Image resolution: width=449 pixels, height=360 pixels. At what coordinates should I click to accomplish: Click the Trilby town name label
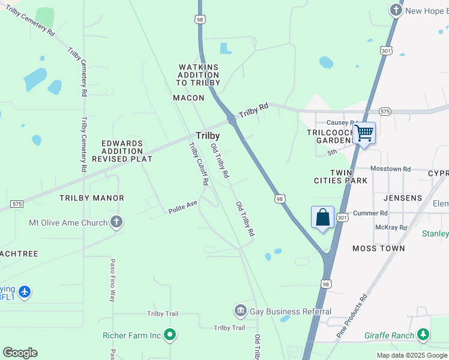pos(207,136)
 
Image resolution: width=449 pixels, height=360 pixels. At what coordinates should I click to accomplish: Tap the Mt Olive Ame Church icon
pos(116,223)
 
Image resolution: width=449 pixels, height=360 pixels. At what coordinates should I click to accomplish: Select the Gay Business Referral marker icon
pos(240,311)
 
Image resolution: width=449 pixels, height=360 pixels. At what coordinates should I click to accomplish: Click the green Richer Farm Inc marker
pos(170,335)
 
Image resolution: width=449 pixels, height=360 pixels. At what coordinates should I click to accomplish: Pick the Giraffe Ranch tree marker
pos(423,334)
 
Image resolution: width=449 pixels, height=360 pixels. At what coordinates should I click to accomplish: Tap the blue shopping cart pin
pos(364,133)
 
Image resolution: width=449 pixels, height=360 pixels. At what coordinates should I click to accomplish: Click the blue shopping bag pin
pos(322,217)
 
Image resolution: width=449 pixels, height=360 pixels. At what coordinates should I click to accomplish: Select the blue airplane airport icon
pos(24,292)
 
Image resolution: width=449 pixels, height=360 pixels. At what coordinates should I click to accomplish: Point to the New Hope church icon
pos(396,10)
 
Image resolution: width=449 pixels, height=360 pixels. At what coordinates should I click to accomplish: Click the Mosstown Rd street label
pos(390,169)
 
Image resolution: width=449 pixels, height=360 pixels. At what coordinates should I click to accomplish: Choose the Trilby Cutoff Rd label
pos(199,163)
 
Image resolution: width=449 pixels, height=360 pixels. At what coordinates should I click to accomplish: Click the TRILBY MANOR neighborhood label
pos(91,197)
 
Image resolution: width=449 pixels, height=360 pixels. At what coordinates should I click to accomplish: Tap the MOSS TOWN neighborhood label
pos(378,248)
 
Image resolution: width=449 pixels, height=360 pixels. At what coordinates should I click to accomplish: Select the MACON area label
pos(188,97)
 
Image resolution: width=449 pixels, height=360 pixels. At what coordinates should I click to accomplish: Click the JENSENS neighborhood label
pos(403,197)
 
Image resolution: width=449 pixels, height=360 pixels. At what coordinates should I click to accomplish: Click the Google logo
pos(20,352)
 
